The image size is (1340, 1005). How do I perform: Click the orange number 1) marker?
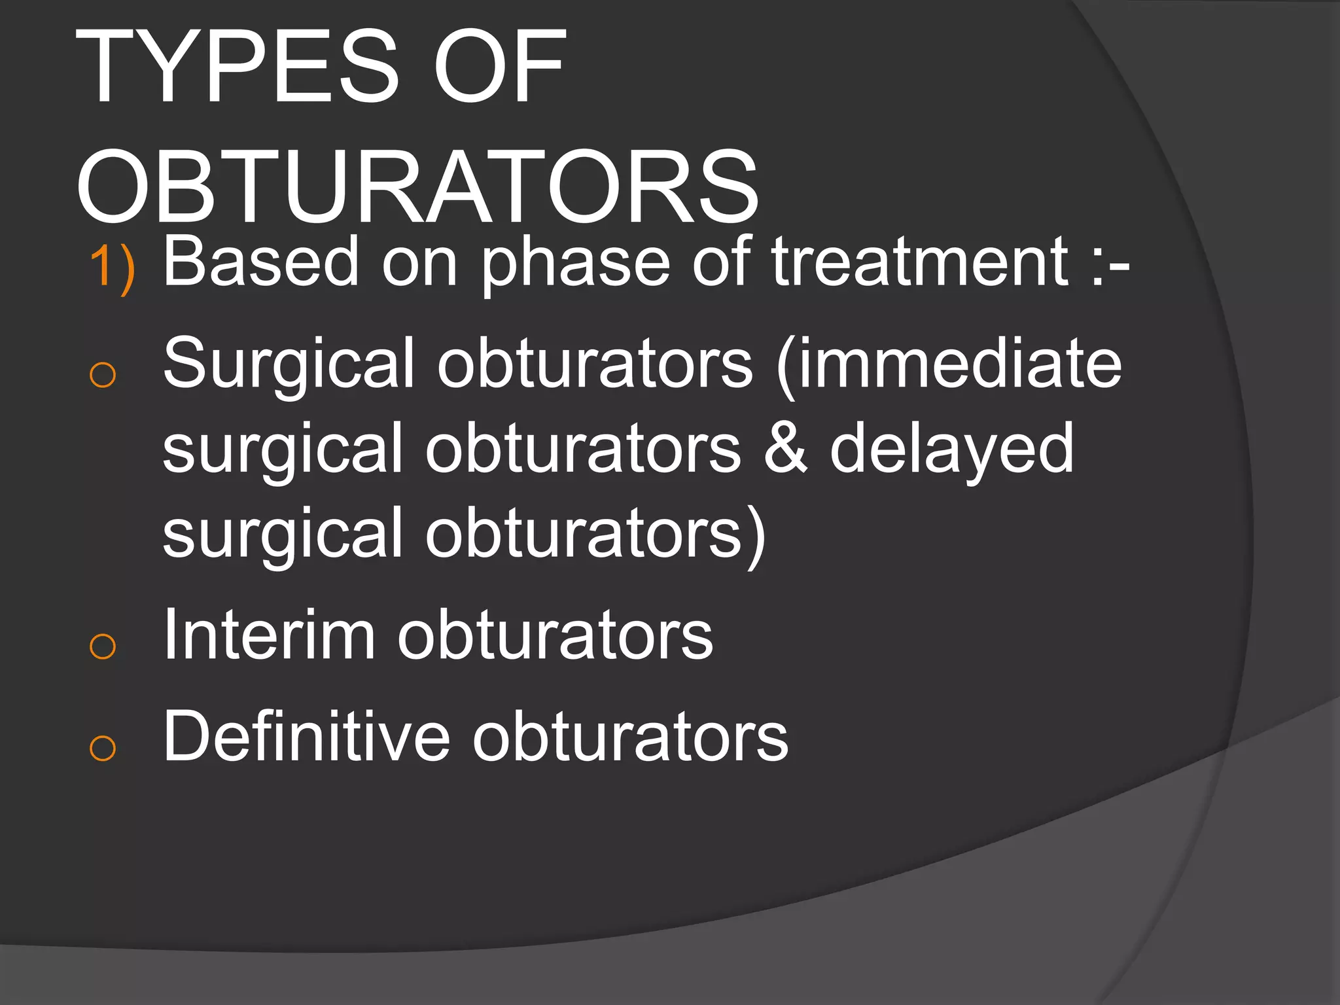click(112, 268)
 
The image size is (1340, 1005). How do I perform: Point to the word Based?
click(261, 262)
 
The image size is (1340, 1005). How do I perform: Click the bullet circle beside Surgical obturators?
click(103, 375)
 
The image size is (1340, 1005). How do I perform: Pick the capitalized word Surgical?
click(289, 364)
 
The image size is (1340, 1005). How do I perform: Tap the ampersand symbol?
click(785, 449)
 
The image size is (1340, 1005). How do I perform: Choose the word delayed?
click(951, 450)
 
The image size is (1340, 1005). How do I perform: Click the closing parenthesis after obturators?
click(756, 535)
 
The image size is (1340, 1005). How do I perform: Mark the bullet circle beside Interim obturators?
click(103, 646)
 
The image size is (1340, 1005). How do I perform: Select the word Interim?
click(269, 635)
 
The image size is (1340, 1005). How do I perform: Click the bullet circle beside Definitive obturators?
click(103, 748)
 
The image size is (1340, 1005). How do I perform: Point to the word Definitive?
click(306, 736)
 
